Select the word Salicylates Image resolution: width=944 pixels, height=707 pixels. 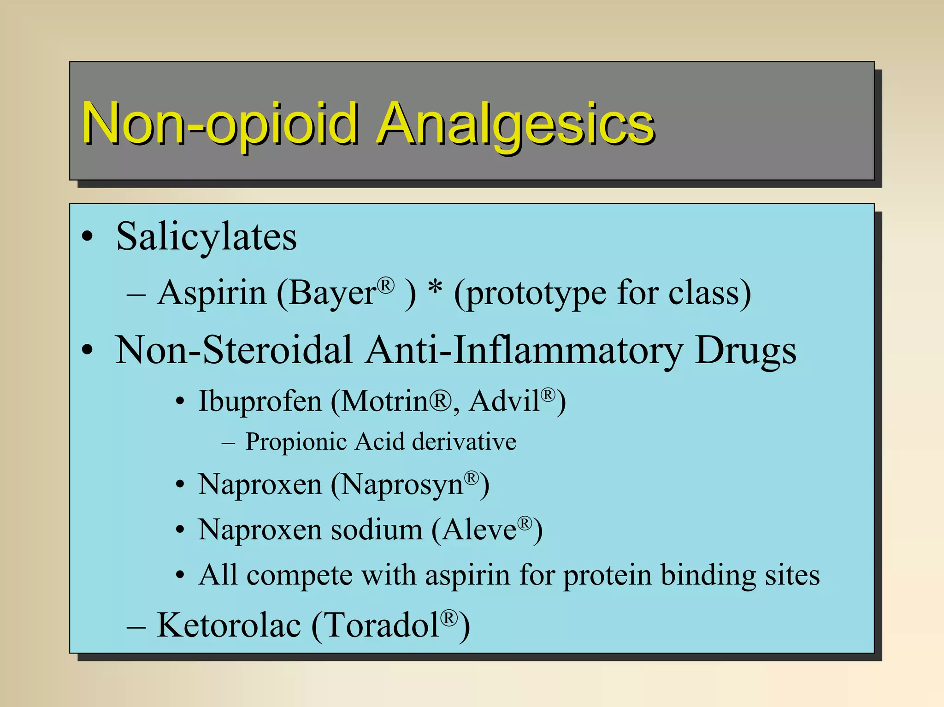coord(206,237)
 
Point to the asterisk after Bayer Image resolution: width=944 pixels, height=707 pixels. coord(435,289)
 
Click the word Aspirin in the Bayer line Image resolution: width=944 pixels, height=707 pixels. coord(212,293)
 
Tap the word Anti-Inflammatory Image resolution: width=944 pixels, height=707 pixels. coord(525,350)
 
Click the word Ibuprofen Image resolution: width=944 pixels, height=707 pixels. coord(260,401)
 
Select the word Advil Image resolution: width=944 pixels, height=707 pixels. coord(504,401)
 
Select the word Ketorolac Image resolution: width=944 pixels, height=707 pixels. coord(229,625)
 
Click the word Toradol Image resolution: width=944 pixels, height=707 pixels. coord(383,625)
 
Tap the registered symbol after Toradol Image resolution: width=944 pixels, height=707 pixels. coord(449,618)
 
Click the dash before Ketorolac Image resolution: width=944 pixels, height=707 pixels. coord(136,627)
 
